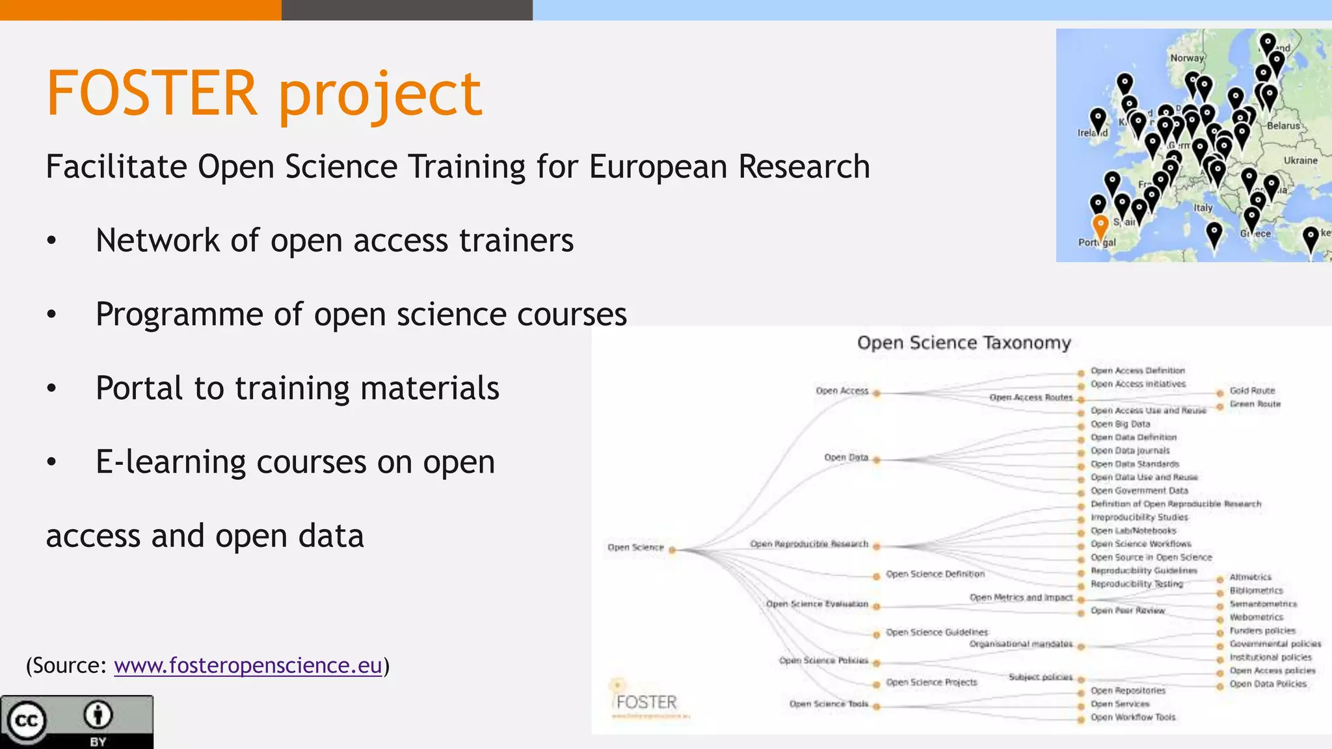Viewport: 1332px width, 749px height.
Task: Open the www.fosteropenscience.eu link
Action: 248,665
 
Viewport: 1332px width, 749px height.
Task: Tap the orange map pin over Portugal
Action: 1100,227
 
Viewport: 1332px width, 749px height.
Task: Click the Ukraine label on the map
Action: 1300,161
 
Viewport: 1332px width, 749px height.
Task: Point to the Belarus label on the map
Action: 1283,125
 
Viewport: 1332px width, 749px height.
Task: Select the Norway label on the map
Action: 1187,58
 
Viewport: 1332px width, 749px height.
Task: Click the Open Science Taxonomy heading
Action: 963,343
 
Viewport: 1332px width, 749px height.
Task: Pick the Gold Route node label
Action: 1252,391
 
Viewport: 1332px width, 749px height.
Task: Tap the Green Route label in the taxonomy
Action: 1255,404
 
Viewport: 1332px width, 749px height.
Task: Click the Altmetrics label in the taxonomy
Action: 1250,577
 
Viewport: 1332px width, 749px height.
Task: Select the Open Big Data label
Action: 1120,424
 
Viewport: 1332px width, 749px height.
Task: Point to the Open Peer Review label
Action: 1127,611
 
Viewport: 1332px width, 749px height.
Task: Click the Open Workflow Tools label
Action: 1133,717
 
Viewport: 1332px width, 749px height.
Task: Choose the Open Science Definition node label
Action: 935,574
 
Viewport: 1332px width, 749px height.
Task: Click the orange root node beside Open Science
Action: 673,550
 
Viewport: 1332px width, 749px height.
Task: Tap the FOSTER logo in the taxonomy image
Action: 646,702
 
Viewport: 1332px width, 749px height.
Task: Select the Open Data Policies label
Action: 1268,684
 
